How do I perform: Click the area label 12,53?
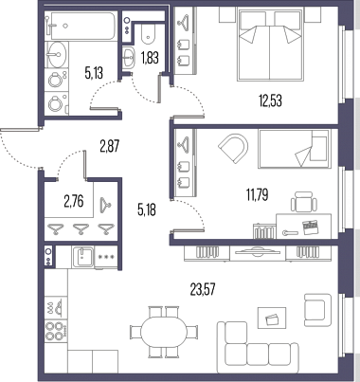point(270,100)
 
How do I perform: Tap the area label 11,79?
point(258,194)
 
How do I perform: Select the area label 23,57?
point(204,289)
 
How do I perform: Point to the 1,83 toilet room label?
point(150,59)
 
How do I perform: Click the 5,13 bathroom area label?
point(94,73)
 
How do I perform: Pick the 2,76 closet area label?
point(74,201)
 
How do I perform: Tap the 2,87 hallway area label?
point(110,147)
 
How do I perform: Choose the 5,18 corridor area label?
point(147,209)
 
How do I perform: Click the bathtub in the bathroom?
point(81,26)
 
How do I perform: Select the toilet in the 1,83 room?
point(149,34)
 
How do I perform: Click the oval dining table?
point(164,332)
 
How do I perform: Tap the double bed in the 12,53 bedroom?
point(270,44)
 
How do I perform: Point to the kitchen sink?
point(82,257)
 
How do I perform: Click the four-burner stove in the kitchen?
point(56,331)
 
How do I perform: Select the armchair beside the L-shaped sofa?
point(317,310)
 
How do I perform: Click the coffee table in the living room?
point(272,318)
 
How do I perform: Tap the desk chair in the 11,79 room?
point(304,202)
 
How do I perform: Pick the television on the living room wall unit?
point(258,252)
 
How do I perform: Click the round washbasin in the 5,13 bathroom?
point(57,54)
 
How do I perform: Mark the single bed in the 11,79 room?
point(294,149)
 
